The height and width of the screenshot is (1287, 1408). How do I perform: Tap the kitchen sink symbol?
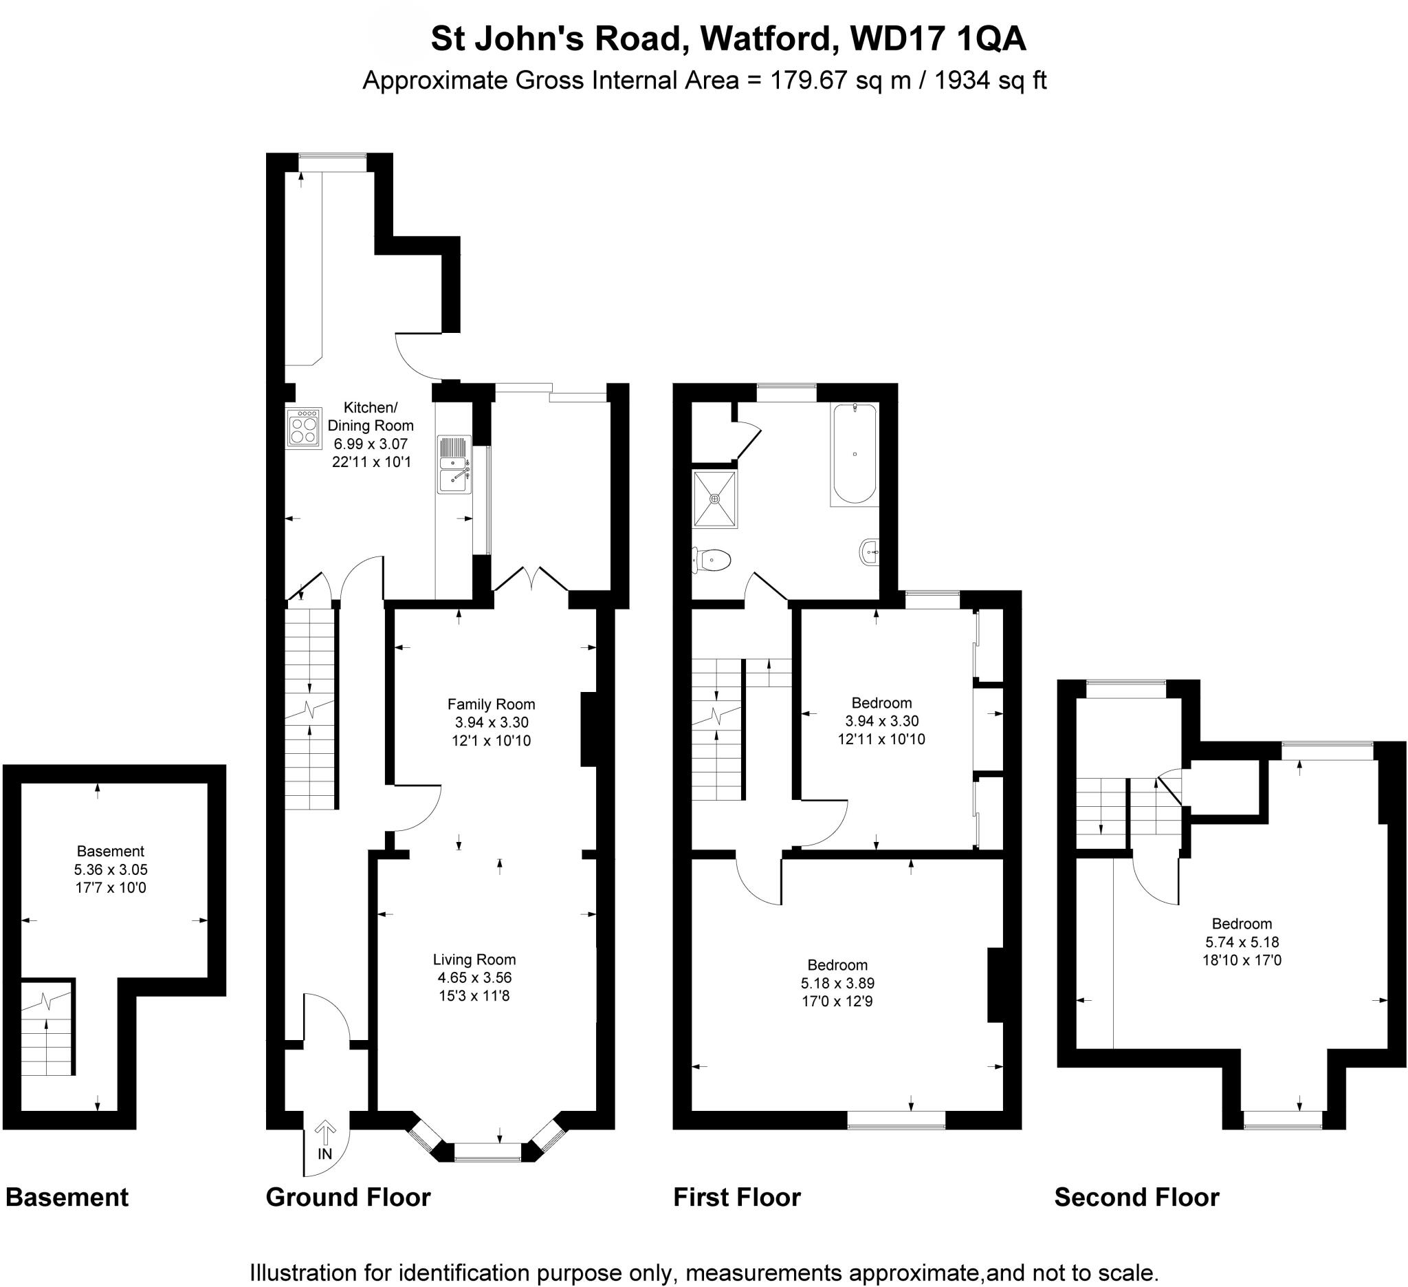(x=454, y=464)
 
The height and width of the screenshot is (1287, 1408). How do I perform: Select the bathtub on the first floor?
(x=855, y=454)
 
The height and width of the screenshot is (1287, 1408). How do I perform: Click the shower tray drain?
(x=714, y=499)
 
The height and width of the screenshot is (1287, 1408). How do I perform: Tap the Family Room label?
(x=491, y=704)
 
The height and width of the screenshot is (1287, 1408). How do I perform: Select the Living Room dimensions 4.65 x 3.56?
(x=474, y=977)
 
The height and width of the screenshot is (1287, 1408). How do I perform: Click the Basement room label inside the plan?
(x=111, y=851)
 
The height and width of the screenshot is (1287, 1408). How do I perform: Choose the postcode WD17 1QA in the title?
(x=938, y=39)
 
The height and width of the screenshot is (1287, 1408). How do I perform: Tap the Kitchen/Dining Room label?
(x=370, y=416)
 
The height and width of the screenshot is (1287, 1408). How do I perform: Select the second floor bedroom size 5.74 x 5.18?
(x=1242, y=942)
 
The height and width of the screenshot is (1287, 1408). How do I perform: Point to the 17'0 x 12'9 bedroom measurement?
(x=837, y=1002)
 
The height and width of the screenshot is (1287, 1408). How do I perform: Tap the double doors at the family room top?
(x=531, y=578)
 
